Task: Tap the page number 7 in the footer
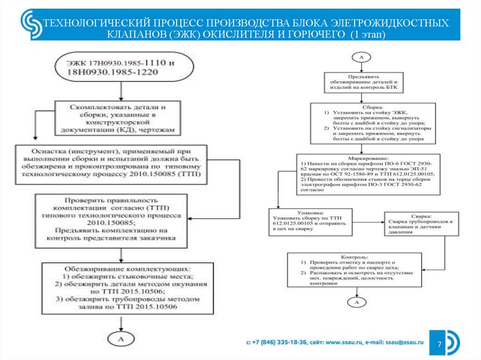point(439,345)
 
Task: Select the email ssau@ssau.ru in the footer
point(404,344)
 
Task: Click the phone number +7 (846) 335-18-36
point(280,344)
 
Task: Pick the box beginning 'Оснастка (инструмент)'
point(116,163)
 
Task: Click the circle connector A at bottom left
point(122,339)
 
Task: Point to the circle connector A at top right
point(362,57)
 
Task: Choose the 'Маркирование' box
point(368,174)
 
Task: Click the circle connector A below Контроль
point(357,302)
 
